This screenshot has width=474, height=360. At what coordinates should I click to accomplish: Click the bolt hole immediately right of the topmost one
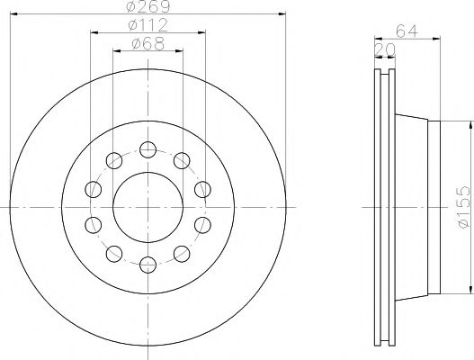(182, 159)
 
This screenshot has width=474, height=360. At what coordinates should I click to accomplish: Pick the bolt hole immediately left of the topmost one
(113, 159)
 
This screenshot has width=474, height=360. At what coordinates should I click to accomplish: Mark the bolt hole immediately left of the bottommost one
(113, 251)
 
